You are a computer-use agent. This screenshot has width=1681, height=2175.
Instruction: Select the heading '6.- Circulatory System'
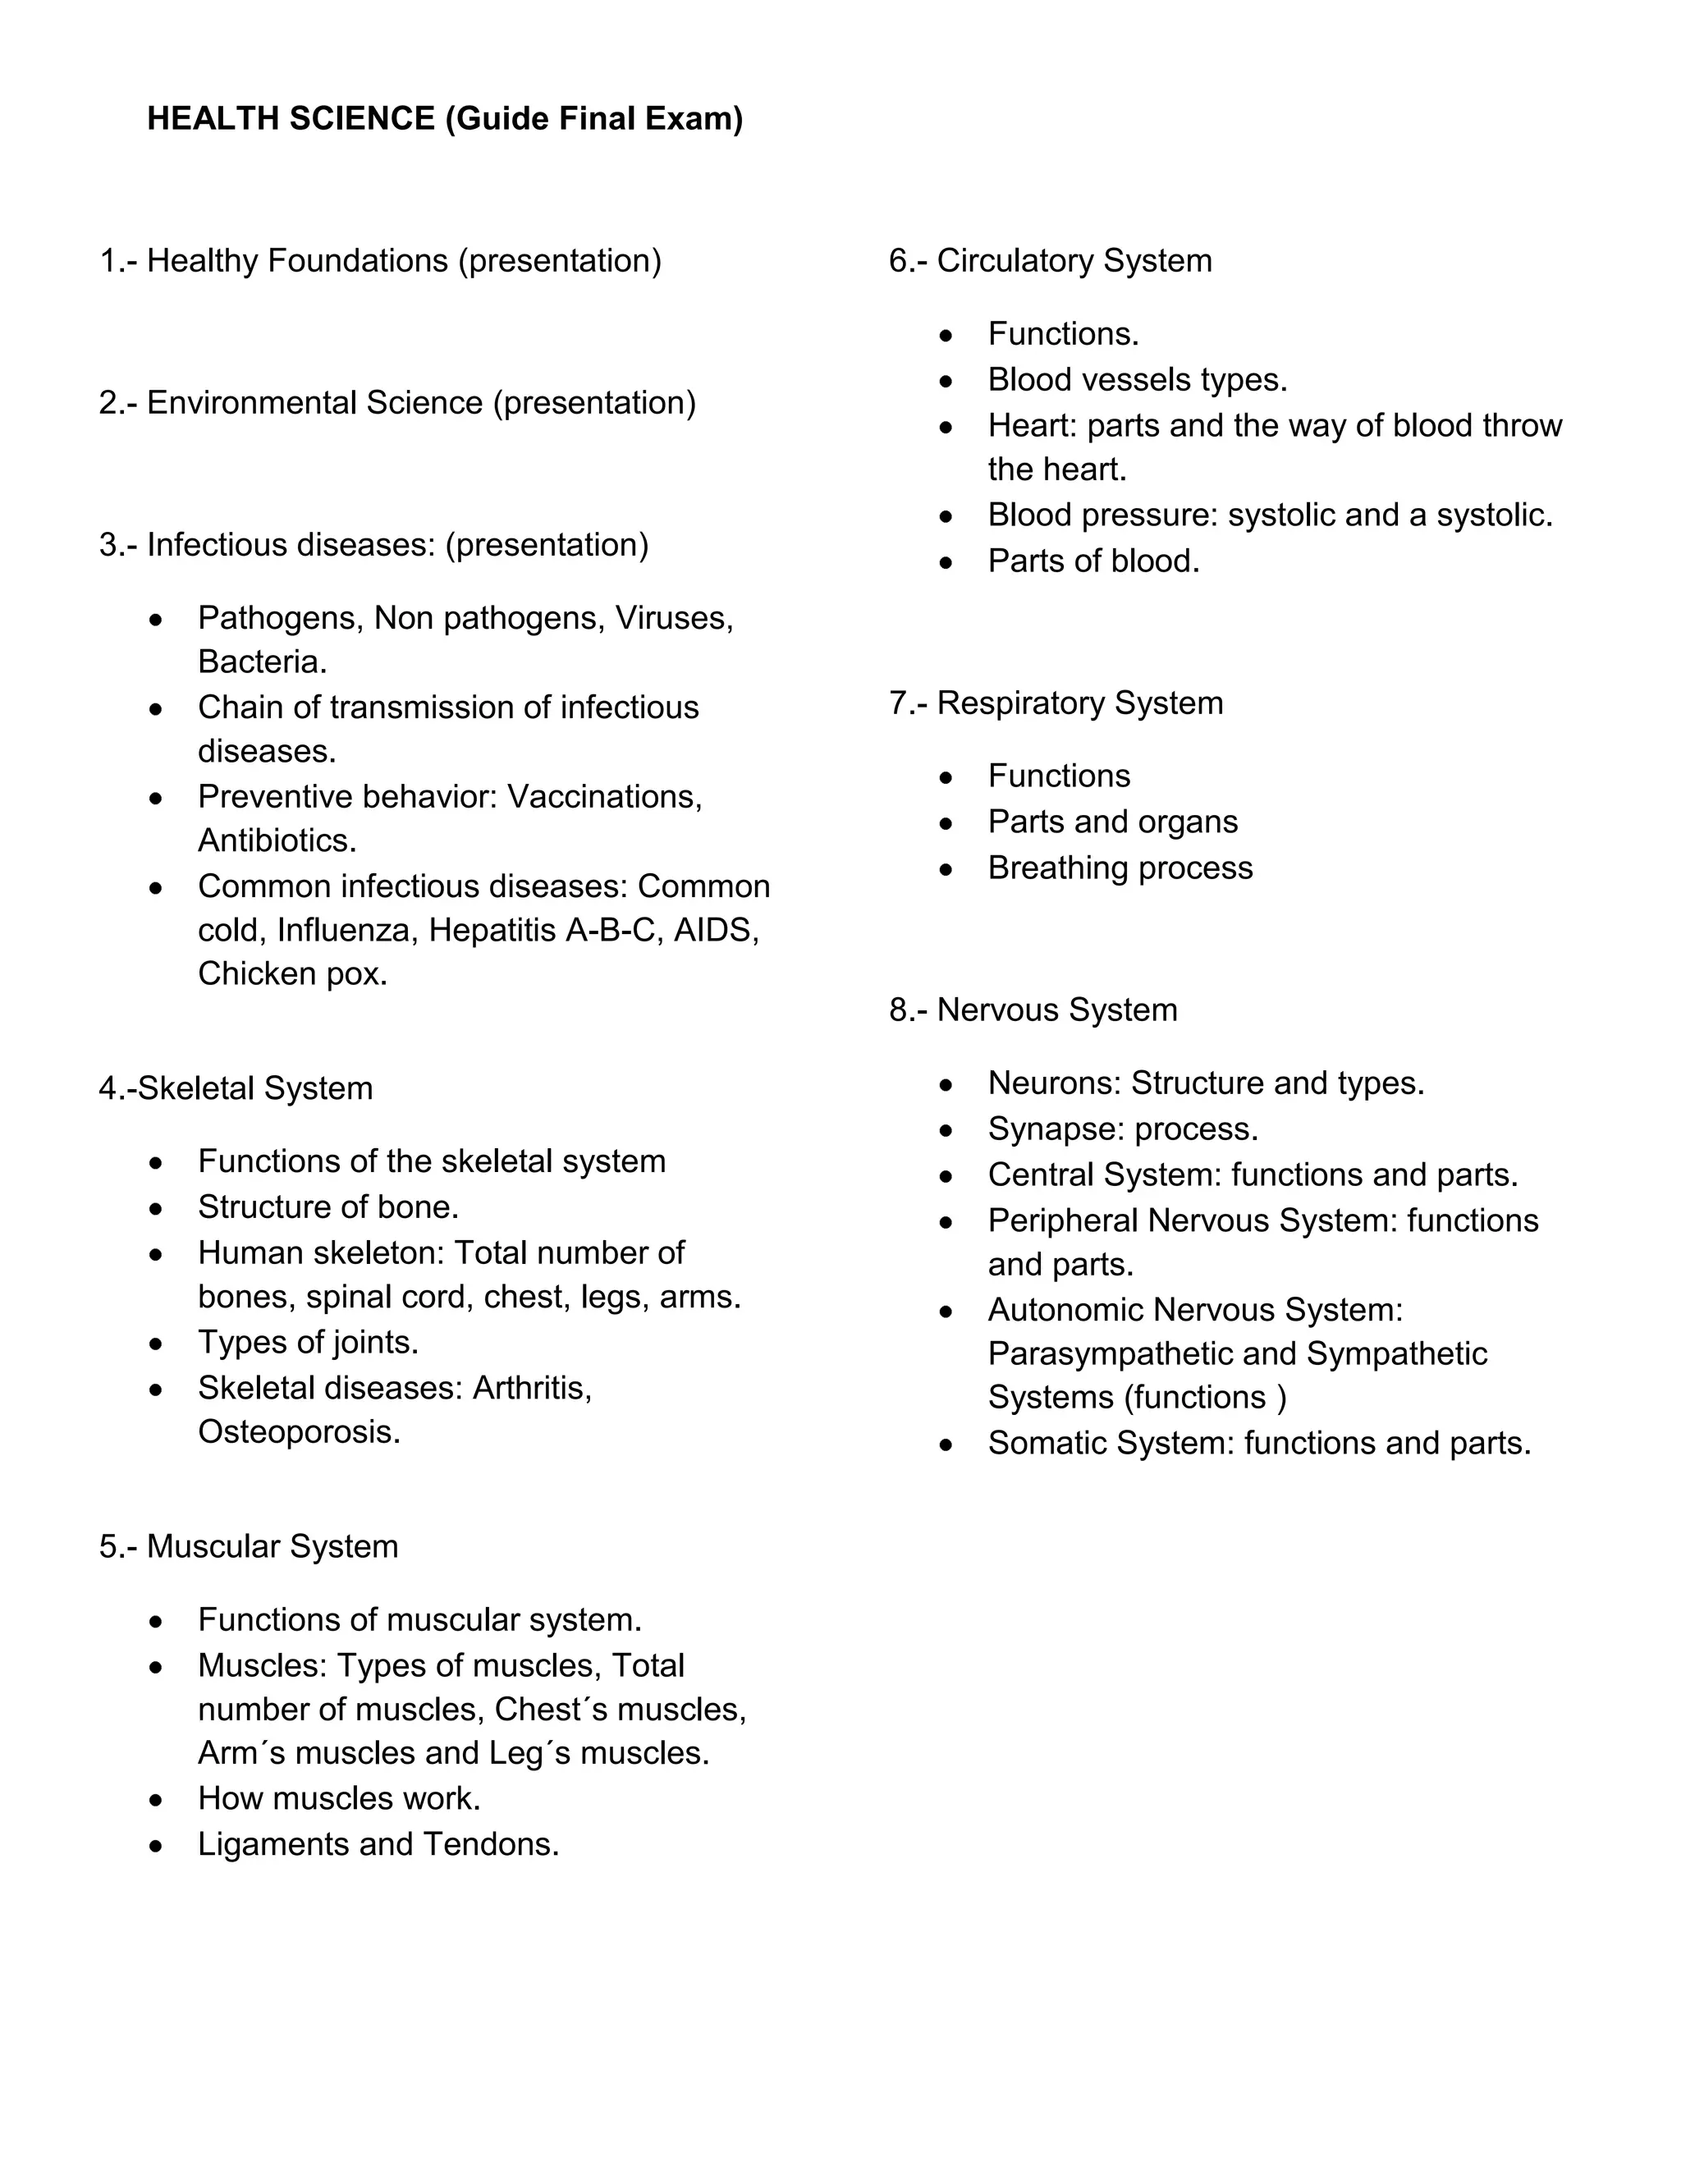(x=1050, y=261)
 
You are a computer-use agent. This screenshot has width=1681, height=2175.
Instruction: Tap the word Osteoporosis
(x=299, y=1432)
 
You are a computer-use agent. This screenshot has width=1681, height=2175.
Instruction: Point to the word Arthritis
(x=532, y=1387)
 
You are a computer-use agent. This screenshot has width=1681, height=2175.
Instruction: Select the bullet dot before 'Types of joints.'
(x=156, y=1344)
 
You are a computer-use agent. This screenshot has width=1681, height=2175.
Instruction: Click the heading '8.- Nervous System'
(x=1033, y=1010)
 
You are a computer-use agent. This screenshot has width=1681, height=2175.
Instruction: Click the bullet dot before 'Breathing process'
(x=946, y=869)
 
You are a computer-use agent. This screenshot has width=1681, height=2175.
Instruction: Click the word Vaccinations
(x=604, y=797)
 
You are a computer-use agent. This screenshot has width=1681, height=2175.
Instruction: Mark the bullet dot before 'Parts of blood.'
(x=946, y=563)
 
